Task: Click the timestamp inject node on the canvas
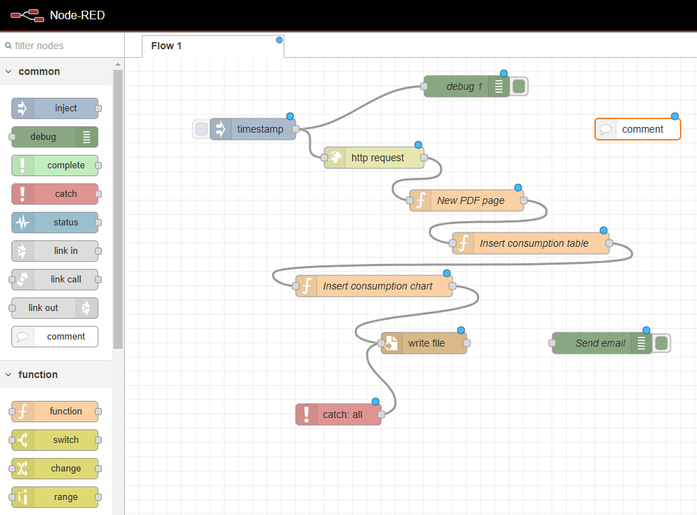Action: pyautogui.click(x=252, y=129)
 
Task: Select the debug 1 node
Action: pyautogui.click(x=466, y=86)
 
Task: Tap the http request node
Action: pyautogui.click(x=374, y=158)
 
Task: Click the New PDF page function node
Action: pyautogui.click(x=466, y=200)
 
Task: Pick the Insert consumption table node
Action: pyautogui.click(x=531, y=243)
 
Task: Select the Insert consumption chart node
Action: pyautogui.click(x=374, y=286)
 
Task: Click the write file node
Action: pyautogui.click(x=423, y=343)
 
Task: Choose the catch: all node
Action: pyautogui.click(x=339, y=414)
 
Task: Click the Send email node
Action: pyautogui.click(x=602, y=343)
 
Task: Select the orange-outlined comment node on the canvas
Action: pyautogui.click(x=638, y=129)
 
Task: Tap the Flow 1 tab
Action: pyautogui.click(x=213, y=46)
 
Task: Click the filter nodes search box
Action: pyautogui.click(x=62, y=46)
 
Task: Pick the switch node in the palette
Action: pyautogui.click(x=55, y=440)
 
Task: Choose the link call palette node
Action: pyautogui.click(x=55, y=280)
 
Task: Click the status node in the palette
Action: pyautogui.click(x=55, y=223)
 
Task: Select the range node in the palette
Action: pyautogui.click(x=55, y=496)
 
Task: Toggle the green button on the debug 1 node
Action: pyautogui.click(x=519, y=86)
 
